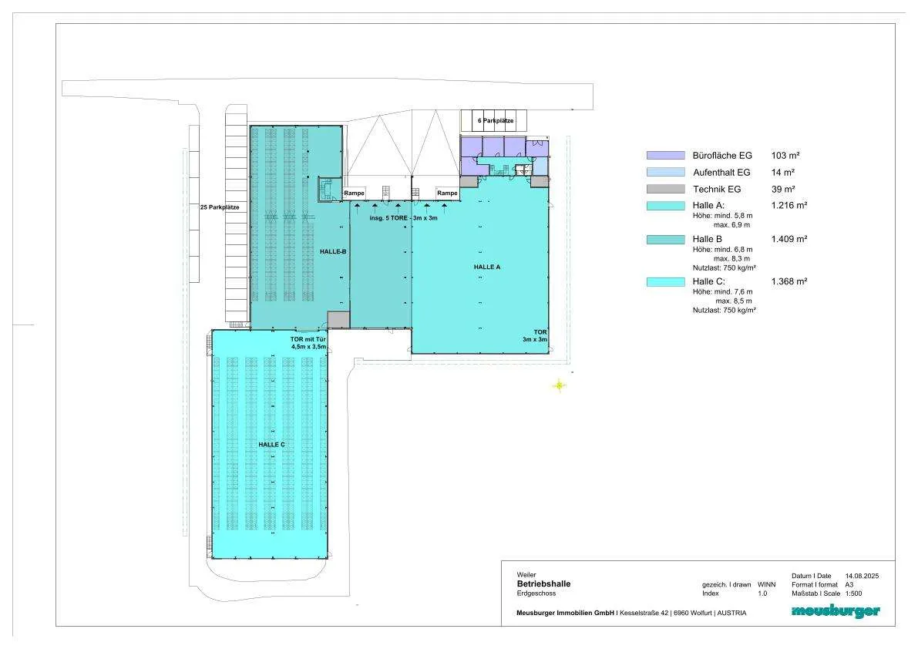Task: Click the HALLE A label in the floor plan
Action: pyautogui.click(x=487, y=267)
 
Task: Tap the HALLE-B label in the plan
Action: pyautogui.click(x=333, y=251)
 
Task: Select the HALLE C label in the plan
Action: pyautogui.click(x=271, y=445)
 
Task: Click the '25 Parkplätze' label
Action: pyautogui.click(x=220, y=207)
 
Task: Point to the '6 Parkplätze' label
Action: pyautogui.click(x=496, y=120)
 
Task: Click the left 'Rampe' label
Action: pyautogui.click(x=355, y=193)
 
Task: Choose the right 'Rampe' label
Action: pyautogui.click(x=447, y=193)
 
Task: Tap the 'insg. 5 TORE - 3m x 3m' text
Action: pyautogui.click(x=403, y=218)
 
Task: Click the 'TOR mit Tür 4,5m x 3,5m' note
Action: pyautogui.click(x=308, y=343)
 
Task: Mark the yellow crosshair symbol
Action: pyautogui.click(x=560, y=385)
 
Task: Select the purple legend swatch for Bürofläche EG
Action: pyautogui.click(x=666, y=156)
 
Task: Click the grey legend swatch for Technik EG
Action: pyautogui.click(x=666, y=189)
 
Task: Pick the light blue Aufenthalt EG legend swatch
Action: pyautogui.click(x=666, y=172)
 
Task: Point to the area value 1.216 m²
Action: pyautogui.click(x=789, y=205)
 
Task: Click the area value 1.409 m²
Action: pyautogui.click(x=789, y=239)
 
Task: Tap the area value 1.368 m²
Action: pyautogui.click(x=789, y=281)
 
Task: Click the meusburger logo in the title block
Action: pyautogui.click(x=836, y=611)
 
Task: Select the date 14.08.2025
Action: pyautogui.click(x=862, y=576)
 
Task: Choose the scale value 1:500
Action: pyautogui.click(x=853, y=594)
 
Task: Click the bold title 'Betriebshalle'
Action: pyautogui.click(x=543, y=583)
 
